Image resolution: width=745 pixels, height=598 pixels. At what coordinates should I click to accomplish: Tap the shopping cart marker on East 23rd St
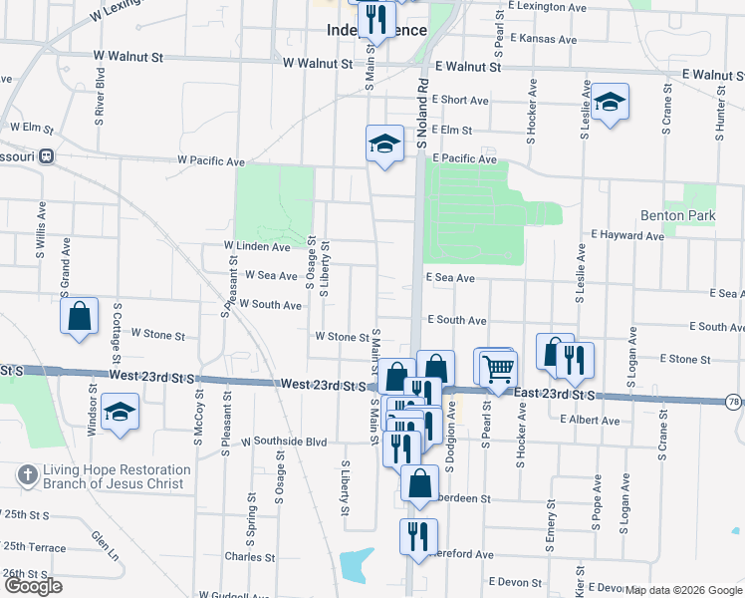[x=498, y=369]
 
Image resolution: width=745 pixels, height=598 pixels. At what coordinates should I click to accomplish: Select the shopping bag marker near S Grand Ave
[x=80, y=317]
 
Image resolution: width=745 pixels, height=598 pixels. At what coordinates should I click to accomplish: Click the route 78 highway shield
[x=733, y=402]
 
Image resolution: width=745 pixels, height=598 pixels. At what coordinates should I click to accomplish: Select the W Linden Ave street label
[x=257, y=246]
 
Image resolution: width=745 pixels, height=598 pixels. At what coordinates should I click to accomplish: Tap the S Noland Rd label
[x=422, y=116]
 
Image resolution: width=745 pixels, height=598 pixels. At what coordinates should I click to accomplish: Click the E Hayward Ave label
[x=626, y=234]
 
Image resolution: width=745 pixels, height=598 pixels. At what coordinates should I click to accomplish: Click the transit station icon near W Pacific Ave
[x=47, y=156]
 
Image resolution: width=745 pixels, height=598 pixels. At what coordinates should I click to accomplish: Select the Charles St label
[x=249, y=557]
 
